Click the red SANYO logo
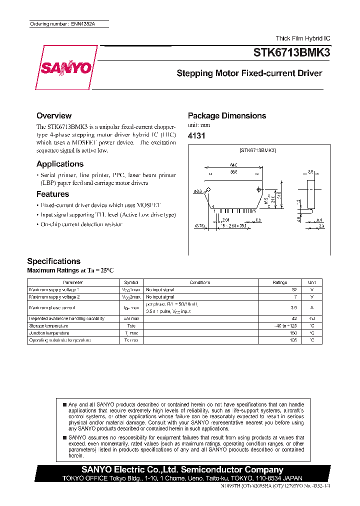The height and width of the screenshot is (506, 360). [x=63, y=68]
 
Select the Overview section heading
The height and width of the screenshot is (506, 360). [x=54, y=115]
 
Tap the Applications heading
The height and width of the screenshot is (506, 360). [x=60, y=164]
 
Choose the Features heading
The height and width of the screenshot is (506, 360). [x=52, y=194]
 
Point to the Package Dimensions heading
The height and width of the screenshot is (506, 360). [x=226, y=115]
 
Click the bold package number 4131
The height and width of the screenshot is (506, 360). [x=196, y=136]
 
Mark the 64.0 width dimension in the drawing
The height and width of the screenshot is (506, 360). [x=234, y=164]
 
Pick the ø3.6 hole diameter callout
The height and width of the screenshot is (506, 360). [x=197, y=190]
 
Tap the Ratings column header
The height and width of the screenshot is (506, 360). [x=280, y=282]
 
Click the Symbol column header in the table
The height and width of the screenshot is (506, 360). [x=131, y=282]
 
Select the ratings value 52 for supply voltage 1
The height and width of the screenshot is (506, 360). [x=293, y=289]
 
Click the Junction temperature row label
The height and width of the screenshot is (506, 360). [x=49, y=333]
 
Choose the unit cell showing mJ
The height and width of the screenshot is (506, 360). [x=311, y=318]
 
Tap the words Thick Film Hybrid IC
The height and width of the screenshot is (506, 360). [x=303, y=38]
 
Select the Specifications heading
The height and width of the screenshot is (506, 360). [x=53, y=261]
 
